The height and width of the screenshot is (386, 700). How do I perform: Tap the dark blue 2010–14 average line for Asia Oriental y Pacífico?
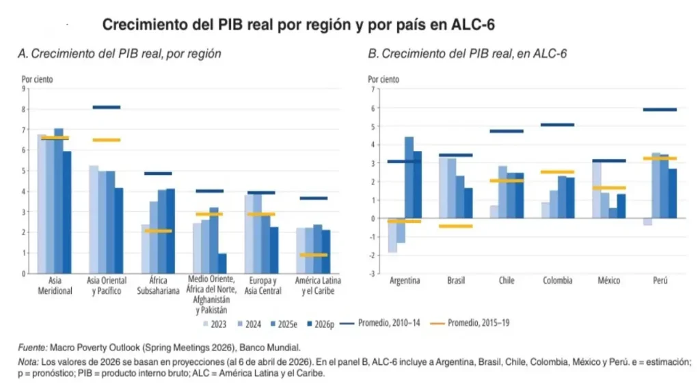106,107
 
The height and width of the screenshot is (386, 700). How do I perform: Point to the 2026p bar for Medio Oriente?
222,263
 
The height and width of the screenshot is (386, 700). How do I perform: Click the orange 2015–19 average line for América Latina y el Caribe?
314,255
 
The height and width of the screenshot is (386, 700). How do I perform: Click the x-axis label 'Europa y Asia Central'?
260,286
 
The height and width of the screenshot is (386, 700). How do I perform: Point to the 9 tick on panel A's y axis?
25,89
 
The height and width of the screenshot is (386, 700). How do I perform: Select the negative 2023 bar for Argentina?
392,236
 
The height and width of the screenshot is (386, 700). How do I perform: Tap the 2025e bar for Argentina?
409,178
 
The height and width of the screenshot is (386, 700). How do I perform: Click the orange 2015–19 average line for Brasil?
455,226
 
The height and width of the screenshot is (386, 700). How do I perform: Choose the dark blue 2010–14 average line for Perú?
660,109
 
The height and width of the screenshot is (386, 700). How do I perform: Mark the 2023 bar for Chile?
494,212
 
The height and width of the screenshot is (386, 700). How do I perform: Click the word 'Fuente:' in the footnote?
32,347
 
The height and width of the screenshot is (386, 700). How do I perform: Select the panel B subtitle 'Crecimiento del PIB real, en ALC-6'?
468,53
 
